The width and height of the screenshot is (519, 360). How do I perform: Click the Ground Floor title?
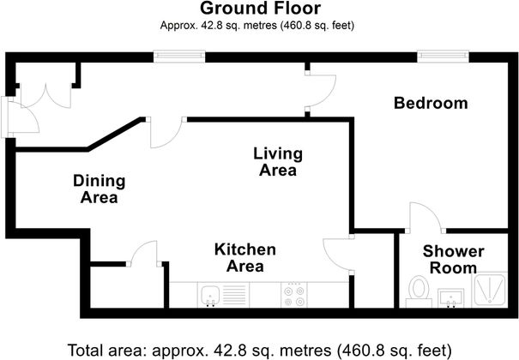pyautogui.click(x=259, y=9)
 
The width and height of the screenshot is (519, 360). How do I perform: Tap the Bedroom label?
pyautogui.click(x=431, y=104)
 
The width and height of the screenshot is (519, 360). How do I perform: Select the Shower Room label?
pyautogui.click(x=453, y=260)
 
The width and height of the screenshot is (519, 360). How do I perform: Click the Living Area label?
pyautogui.click(x=278, y=162)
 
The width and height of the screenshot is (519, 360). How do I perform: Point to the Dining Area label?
pyautogui.click(x=99, y=189)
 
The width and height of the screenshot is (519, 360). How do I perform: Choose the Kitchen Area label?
pyautogui.click(x=244, y=258)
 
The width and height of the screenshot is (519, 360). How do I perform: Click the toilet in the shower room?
pyautogui.click(x=419, y=290)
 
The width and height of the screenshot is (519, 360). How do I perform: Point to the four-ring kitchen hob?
pyautogui.click(x=293, y=295)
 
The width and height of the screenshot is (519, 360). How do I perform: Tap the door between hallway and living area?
pyautogui.click(x=164, y=133)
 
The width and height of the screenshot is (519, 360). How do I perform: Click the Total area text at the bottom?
pyautogui.click(x=259, y=350)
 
